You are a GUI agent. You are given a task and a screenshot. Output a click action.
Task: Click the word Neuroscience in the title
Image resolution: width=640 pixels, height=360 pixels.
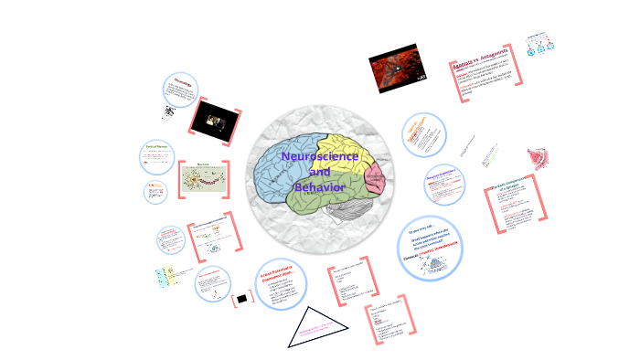click(319, 156)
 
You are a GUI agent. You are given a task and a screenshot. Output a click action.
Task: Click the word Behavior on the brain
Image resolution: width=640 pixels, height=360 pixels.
click(320, 186)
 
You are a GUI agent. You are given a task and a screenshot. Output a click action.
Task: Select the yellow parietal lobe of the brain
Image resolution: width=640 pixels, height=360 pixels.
click(343, 146)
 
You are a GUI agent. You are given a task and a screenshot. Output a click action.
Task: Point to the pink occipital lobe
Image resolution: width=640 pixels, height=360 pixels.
click(376, 178)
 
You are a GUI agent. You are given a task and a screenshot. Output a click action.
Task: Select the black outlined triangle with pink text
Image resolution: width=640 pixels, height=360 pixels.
click(317, 327)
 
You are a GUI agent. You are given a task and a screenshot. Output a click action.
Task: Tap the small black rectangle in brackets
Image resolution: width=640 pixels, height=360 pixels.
click(242, 298)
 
